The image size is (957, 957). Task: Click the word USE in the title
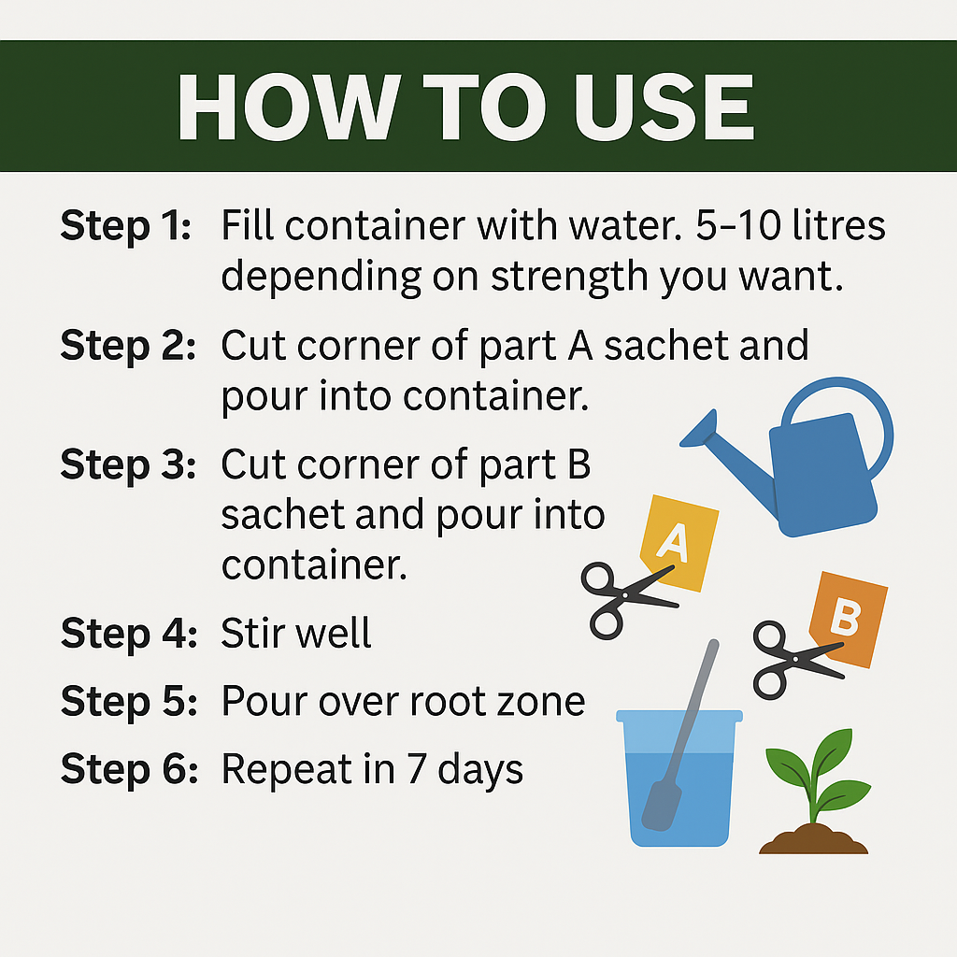pos(664,107)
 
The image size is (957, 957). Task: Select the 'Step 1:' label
pos(126,225)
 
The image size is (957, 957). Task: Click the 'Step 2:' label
pos(128,345)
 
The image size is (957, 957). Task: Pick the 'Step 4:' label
pos(129,633)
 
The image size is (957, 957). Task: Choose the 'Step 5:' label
pos(129,700)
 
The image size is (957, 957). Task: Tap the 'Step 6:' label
pos(129,768)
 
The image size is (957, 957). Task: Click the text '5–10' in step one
pos(738,225)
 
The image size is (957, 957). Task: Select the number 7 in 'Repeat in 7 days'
pos(416,768)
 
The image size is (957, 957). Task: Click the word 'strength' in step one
pos(570,278)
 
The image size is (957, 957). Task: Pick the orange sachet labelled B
pos(850,618)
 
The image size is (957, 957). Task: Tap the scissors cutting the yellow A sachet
pos(625,597)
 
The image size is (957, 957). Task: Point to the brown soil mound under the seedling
pos(813,839)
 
